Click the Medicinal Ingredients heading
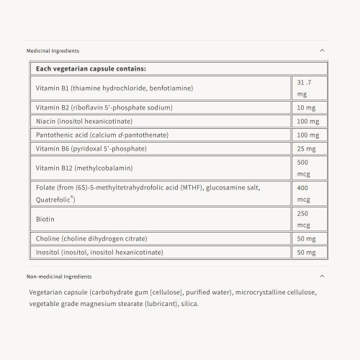(x=53, y=51)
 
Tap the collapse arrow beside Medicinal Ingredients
(x=322, y=51)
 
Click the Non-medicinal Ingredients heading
(x=58, y=276)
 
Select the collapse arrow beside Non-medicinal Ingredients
(x=322, y=276)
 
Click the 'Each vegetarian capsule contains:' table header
(x=91, y=68)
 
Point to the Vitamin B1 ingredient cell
(x=114, y=88)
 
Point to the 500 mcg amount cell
(x=304, y=168)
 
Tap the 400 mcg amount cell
(x=304, y=193)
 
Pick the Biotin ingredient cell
(x=45, y=218)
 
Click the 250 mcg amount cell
(x=304, y=218)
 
